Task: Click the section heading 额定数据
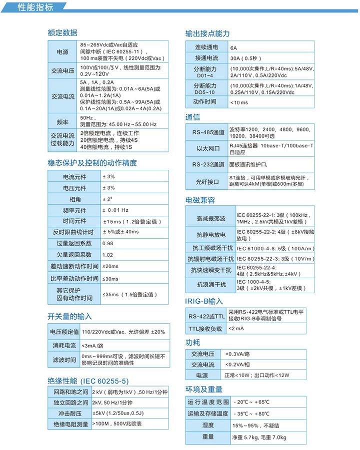coord(62,33)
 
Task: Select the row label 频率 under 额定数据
coord(62,121)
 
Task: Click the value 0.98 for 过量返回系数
coord(107,244)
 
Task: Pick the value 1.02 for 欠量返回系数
coord(107,255)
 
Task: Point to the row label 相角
coord(74,199)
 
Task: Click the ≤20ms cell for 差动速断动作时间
coord(110,267)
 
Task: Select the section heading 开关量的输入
coord(70,317)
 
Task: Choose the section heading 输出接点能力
coord(207,33)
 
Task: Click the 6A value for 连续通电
coord(233,48)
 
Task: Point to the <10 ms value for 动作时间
coord(238,102)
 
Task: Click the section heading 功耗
coord(192,343)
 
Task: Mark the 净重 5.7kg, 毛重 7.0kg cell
coord(259,438)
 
